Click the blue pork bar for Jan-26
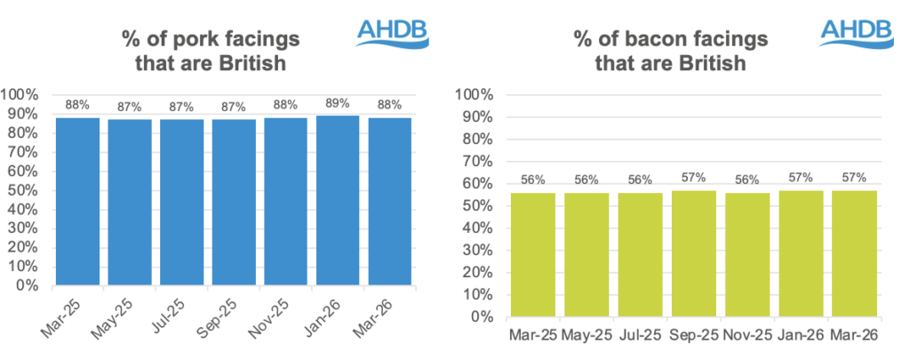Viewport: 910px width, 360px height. tap(338, 200)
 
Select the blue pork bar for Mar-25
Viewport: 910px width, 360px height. tap(78, 201)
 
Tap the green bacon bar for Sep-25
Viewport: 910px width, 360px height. tap(692, 253)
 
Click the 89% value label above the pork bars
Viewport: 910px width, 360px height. tap(338, 103)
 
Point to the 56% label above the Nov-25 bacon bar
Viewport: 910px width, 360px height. tap(746, 180)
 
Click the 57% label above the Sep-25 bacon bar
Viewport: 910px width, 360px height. tap(693, 179)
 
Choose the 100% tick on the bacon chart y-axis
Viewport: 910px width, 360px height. tap(473, 94)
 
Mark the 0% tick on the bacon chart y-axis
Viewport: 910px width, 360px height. tap(482, 316)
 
